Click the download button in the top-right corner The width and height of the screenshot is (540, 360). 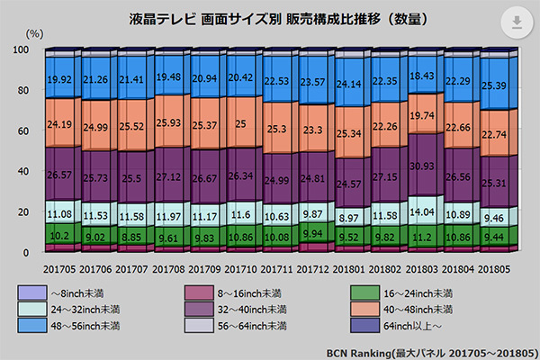[x=517, y=23]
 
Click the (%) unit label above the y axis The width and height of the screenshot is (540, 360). [x=35, y=32]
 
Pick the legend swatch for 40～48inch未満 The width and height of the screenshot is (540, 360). [x=362, y=309]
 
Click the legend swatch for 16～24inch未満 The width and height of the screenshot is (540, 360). [x=362, y=292]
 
